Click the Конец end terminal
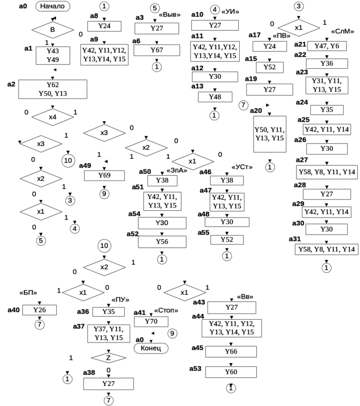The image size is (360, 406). click(x=151, y=347)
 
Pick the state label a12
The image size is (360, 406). click(x=196, y=68)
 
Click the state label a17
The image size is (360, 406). click(x=254, y=35)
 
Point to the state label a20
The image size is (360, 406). click(x=256, y=111)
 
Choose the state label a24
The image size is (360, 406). click(x=301, y=102)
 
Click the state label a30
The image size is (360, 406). click(x=298, y=222)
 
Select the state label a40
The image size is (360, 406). click(x=14, y=309)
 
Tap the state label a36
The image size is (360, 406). click(x=83, y=312)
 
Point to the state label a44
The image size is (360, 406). click(x=197, y=316)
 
